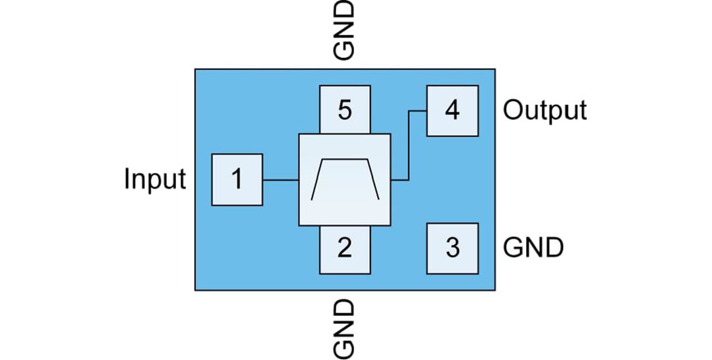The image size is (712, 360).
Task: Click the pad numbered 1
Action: coord(237,179)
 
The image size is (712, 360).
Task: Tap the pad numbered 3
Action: coord(452,249)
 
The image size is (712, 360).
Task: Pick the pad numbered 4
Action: coord(452,111)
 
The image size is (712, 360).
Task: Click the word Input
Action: coord(156,179)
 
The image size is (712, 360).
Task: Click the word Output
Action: coord(545,110)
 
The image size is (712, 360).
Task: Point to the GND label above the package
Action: coord(344,30)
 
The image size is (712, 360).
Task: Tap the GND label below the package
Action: coord(344,328)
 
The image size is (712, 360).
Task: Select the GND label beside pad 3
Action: coord(533,249)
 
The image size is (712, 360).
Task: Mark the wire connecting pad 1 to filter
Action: coord(281,179)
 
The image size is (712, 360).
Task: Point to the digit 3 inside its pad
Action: coord(452,249)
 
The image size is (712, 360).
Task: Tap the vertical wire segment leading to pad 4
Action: coord(409,145)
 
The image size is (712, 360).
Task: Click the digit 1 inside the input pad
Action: coord(237,179)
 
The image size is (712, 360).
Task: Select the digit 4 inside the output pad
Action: coord(452,111)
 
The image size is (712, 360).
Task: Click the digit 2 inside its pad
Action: coord(344,249)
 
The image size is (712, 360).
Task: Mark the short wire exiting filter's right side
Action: coord(400,179)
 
